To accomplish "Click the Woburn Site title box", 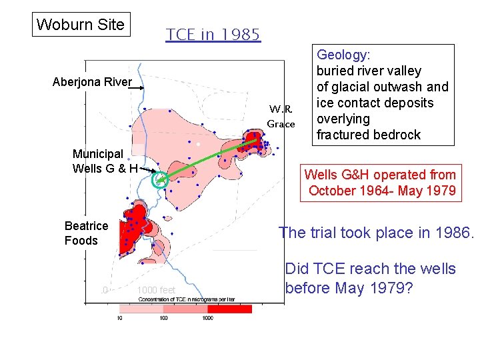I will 80,25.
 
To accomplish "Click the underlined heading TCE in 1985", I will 213,35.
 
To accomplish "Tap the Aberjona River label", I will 92,83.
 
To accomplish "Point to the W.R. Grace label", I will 281,116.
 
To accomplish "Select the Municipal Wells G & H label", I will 105,161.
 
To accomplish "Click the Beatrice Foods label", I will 86,233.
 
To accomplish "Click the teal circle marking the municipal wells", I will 159,179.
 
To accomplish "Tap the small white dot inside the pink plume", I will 198,144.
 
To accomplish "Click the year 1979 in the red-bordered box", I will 441,191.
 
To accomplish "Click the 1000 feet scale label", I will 155,290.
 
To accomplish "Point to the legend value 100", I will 163,319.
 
